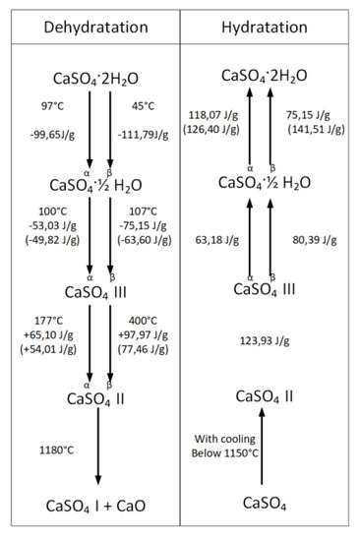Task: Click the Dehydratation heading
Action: tap(90, 22)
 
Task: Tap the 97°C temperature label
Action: tap(56, 104)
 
